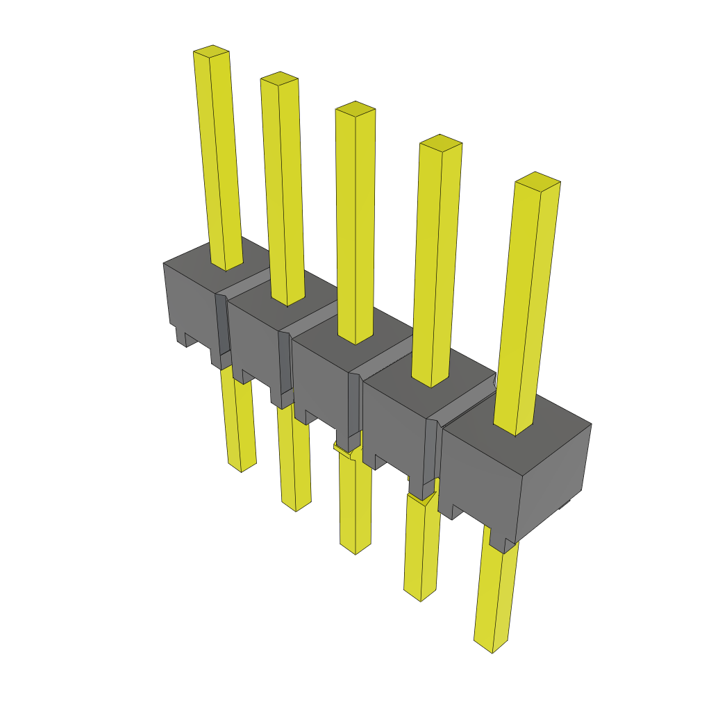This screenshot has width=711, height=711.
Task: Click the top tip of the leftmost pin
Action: point(211,51)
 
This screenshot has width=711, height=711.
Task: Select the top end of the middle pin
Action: point(355,108)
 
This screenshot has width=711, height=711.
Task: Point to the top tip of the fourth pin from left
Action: point(441,142)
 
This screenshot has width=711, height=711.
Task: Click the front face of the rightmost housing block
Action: point(479,479)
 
